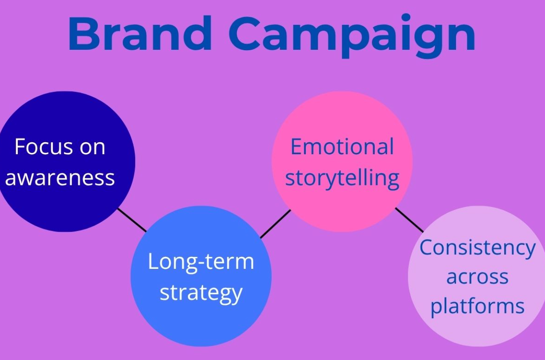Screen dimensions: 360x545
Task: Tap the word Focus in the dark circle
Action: (42, 147)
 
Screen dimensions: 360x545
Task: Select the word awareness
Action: (60, 178)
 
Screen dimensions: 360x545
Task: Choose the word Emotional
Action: (342, 147)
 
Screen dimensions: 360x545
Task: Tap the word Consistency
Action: (477, 248)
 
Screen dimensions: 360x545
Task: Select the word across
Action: (477, 277)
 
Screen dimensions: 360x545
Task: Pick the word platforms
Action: (477, 307)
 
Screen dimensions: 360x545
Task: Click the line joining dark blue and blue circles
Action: (132, 220)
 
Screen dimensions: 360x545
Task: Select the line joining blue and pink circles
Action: (276, 224)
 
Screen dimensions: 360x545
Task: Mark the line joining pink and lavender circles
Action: (409, 220)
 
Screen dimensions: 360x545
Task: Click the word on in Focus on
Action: (91, 147)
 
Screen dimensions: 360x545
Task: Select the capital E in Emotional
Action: (297, 147)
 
